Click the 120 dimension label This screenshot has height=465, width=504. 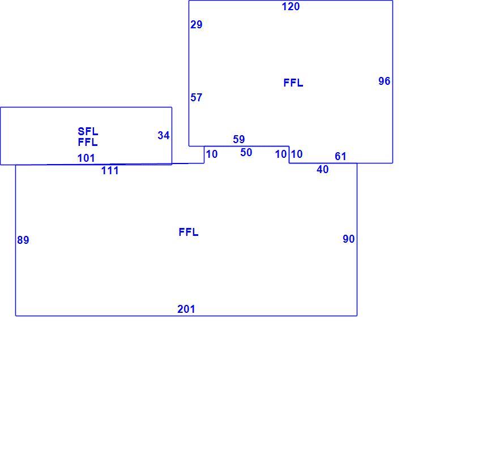click(x=291, y=6)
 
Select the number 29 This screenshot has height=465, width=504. click(x=196, y=24)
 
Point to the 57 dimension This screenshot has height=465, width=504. click(x=196, y=97)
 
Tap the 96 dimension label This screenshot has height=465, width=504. click(x=384, y=81)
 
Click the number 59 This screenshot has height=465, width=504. click(x=239, y=139)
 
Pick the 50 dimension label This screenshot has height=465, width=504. click(x=246, y=152)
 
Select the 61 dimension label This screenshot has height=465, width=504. click(x=340, y=156)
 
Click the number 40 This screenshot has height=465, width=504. click(x=322, y=169)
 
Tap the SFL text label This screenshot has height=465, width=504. click(x=88, y=131)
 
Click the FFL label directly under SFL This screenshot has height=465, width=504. click(x=88, y=142)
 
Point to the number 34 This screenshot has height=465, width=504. click(x=163, y=136)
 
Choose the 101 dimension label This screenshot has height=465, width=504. click(x=86, y=158)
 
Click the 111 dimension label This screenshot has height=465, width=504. click(x=110, y=170)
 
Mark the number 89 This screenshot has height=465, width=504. click(x=23, y=240)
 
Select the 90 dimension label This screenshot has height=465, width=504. click(x=348, y=239)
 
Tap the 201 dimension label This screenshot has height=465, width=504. click(x=186, y=309)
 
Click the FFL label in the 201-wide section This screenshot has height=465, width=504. click(x=189, y=232)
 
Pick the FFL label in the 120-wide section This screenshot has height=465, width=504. click(x=293, y=83)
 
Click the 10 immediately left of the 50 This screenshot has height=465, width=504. click(x=211, y=154)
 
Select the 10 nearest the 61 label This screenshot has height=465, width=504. click(x=296, y=154)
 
